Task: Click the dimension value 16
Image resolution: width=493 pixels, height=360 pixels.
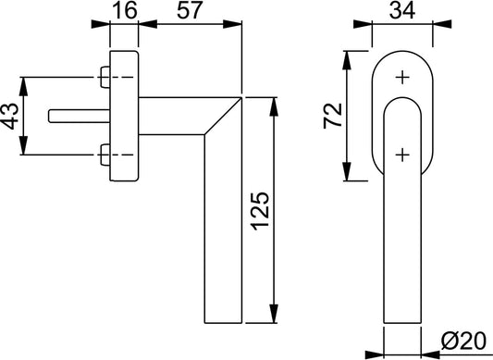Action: [125, 10]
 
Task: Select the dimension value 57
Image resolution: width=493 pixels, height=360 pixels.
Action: [189, 10]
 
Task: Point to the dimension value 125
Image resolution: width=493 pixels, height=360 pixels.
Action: [260, 210]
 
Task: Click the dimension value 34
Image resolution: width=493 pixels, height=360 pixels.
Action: [402, 10]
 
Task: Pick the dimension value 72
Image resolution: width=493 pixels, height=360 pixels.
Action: [333, 115]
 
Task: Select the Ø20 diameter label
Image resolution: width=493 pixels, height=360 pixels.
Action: [463, 341]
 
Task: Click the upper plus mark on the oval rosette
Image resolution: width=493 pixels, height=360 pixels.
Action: [402, 77]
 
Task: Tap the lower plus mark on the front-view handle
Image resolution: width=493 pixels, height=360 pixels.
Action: [402, 155]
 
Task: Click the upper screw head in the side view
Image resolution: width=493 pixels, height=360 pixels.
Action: [105, 77]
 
